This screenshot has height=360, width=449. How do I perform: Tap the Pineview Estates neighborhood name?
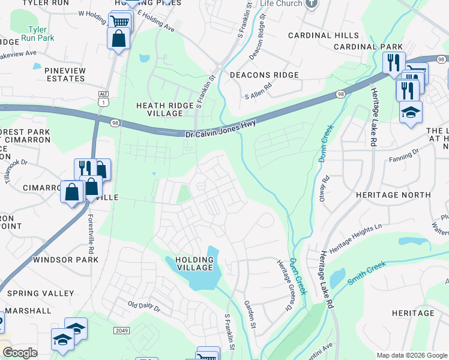(57, 74)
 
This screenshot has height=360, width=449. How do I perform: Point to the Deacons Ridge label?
(264, 75)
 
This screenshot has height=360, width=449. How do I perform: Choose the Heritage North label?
(393, 195)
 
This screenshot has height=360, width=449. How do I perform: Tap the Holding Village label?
(194, 263)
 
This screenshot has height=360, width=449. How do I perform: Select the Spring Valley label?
(41, 293)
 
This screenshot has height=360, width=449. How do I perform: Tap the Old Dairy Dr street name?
(145, 305)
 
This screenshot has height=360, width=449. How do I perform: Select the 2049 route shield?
(121, 331)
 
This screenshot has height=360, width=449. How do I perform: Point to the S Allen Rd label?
(258, 94)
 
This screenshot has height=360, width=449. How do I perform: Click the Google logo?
(20, 353)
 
